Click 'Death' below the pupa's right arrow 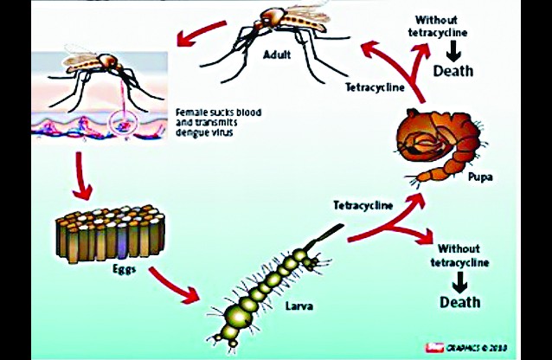459,302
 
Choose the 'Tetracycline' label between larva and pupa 363,205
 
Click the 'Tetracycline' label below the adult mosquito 374,87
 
